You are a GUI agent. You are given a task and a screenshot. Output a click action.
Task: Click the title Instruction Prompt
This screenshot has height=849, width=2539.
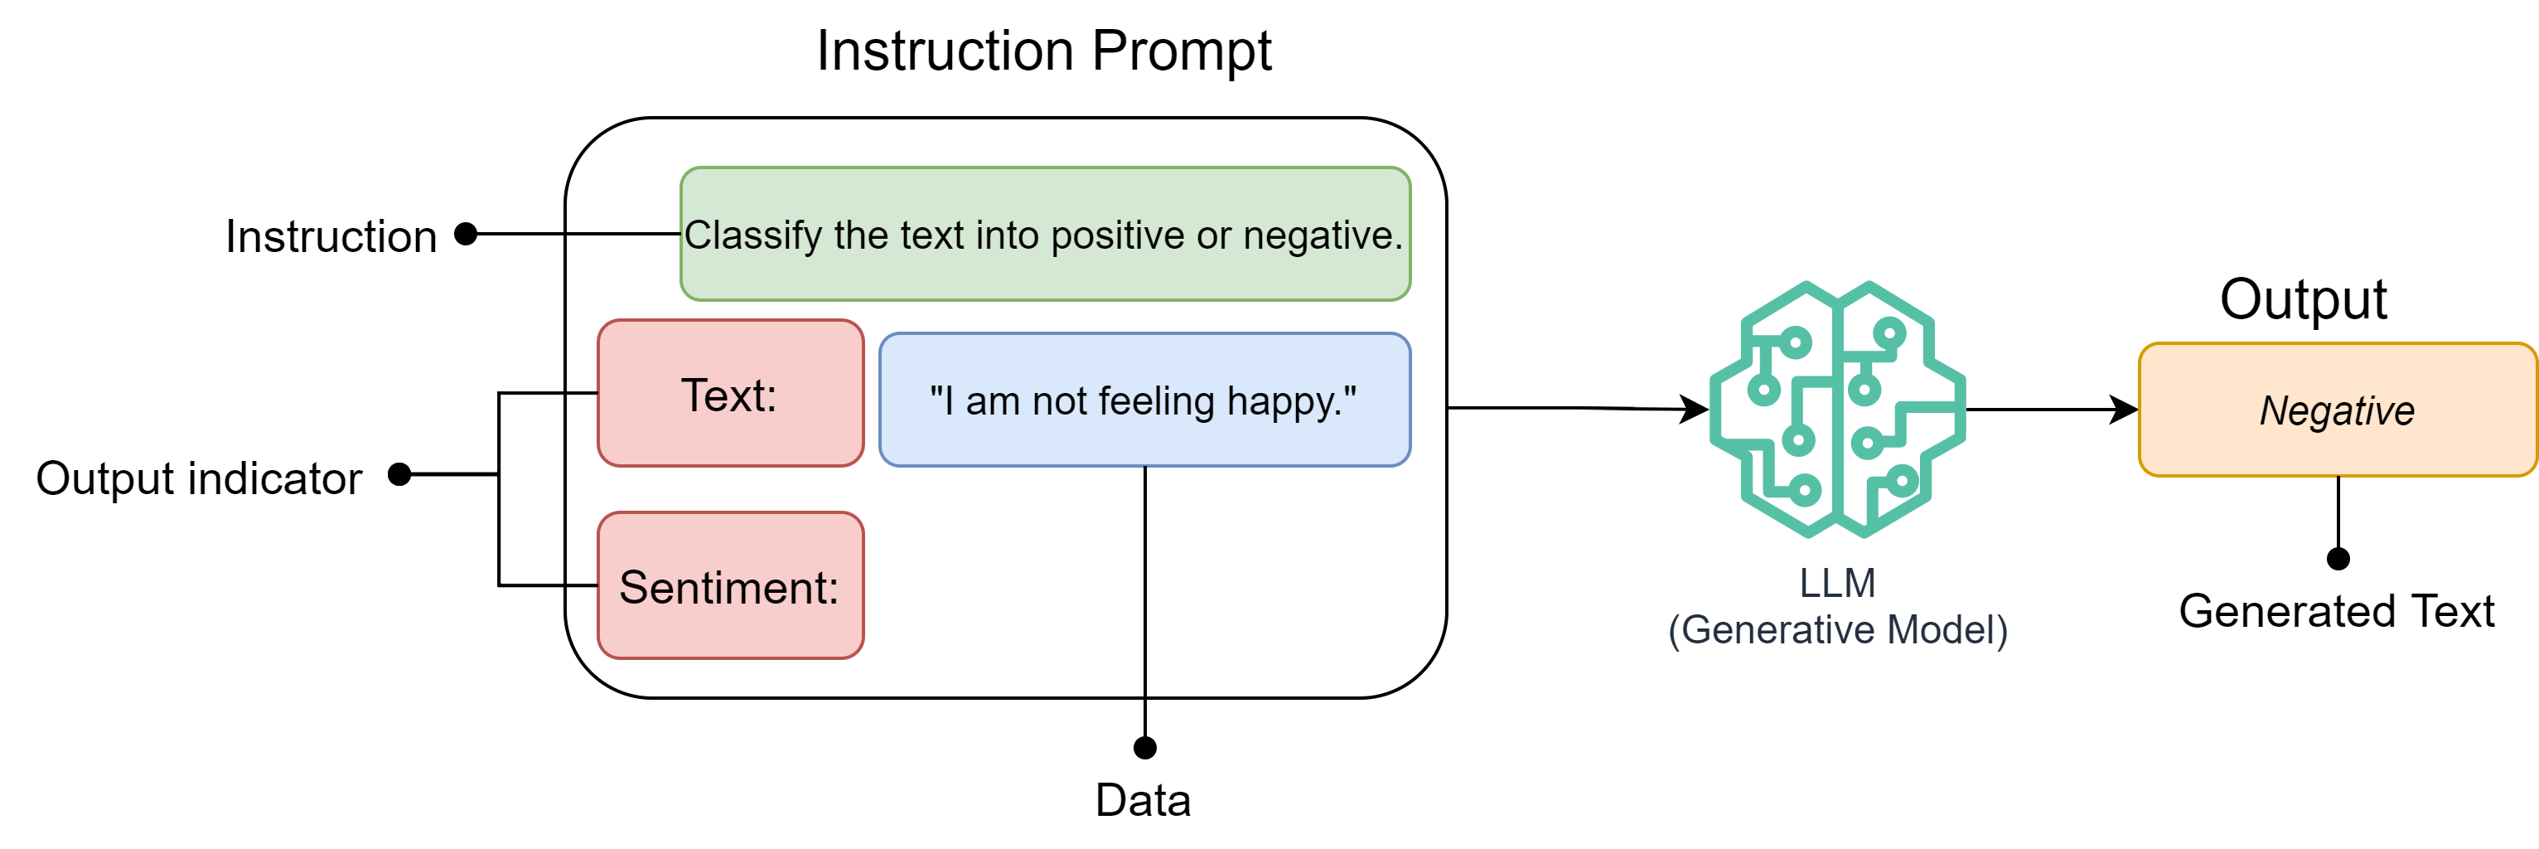(1044, 51)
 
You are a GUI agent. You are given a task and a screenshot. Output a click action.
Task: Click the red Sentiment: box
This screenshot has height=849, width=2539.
(730, 585)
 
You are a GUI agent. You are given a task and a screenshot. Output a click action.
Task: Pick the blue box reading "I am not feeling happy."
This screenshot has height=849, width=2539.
(1144, 400)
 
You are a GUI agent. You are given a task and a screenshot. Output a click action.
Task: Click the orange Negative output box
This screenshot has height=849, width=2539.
(2336, 410)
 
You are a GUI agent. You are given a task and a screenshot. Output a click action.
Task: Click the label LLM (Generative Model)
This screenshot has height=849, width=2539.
(1837, 605)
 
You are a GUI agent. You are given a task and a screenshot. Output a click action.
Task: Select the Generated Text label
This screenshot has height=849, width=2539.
(2336, 611)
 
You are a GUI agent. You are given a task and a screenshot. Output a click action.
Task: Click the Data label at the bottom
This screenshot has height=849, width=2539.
(1144, 800)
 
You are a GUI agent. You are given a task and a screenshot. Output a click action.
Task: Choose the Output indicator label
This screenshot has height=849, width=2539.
(199, 478)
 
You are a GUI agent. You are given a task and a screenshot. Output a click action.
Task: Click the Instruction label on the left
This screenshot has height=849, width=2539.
(331, 236)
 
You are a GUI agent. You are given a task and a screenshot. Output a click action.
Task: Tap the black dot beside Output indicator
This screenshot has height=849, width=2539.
(399, 474)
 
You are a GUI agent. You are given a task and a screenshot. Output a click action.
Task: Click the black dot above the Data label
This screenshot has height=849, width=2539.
(1144, 748)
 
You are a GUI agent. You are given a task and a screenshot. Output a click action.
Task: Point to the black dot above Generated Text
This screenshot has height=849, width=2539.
(2338, 559)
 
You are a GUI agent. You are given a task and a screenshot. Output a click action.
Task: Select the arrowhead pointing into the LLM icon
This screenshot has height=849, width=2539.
(1695, 408)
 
